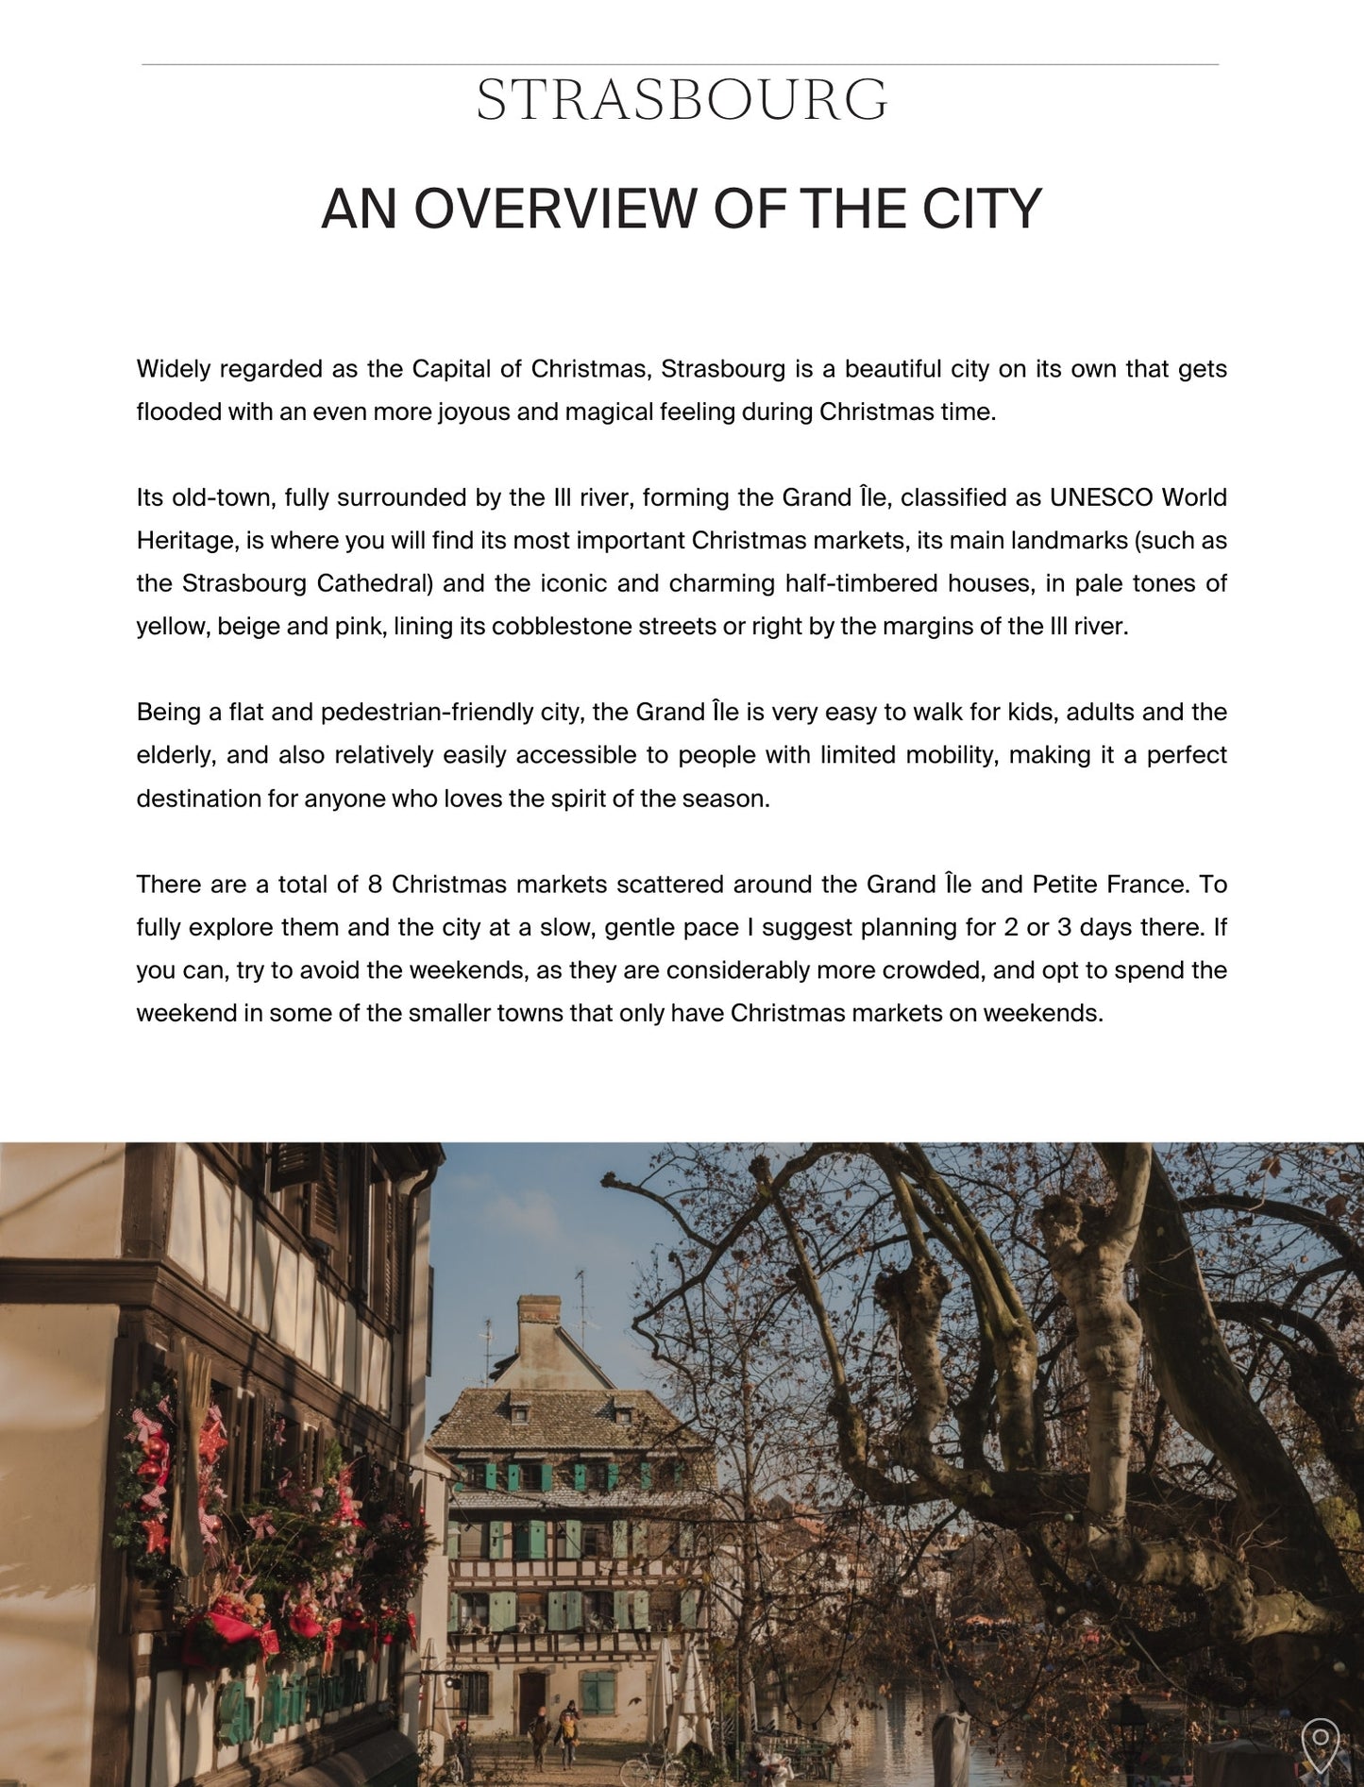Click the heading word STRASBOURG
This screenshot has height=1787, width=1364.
682,101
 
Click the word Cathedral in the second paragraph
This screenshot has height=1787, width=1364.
374,583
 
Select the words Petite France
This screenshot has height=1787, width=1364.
1109,885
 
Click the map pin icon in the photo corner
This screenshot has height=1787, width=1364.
1320,1744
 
